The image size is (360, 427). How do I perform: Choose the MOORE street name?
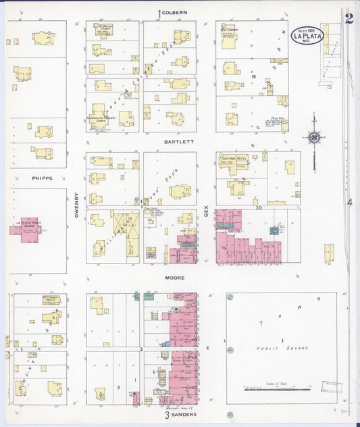click(x=175, y=278)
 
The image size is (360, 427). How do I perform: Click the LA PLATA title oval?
click(x=307, y=35)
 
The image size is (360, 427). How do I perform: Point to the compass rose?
click(x=314, y=138)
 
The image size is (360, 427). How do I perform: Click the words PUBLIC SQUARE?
click(x=282, y=348)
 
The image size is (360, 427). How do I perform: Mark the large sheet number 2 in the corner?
click(x=349, y=18)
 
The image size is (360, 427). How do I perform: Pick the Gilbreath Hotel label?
click(x=233, y=157)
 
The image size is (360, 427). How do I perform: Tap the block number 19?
click(x=253, y=77)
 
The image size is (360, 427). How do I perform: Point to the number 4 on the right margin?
click(x=349, y=202)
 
